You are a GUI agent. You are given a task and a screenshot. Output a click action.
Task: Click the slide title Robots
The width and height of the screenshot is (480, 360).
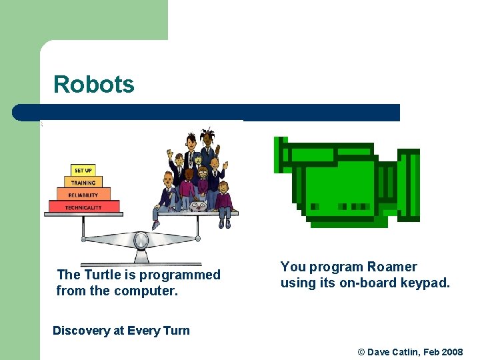click(94, 85)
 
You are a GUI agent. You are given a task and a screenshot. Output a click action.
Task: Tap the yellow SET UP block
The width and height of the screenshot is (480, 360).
click(83, 171)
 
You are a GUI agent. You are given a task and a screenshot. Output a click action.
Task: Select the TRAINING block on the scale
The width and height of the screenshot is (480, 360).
click(83, 183)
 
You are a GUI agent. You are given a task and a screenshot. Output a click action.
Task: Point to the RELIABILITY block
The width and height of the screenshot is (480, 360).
click(83, 195)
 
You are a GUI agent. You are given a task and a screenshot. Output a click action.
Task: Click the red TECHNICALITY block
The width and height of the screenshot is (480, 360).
click(83, 207)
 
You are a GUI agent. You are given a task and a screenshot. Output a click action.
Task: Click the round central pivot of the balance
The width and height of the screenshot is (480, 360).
click(141, 240)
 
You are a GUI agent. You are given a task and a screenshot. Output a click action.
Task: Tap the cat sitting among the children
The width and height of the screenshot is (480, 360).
click(197, 206)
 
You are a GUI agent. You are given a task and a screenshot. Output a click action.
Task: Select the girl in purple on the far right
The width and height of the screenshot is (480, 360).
click(224, 199)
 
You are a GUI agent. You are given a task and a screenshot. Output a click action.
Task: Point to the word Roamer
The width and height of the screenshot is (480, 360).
click(391, 267)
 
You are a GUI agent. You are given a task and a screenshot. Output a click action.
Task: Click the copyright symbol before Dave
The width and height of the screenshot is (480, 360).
click(362, 351)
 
